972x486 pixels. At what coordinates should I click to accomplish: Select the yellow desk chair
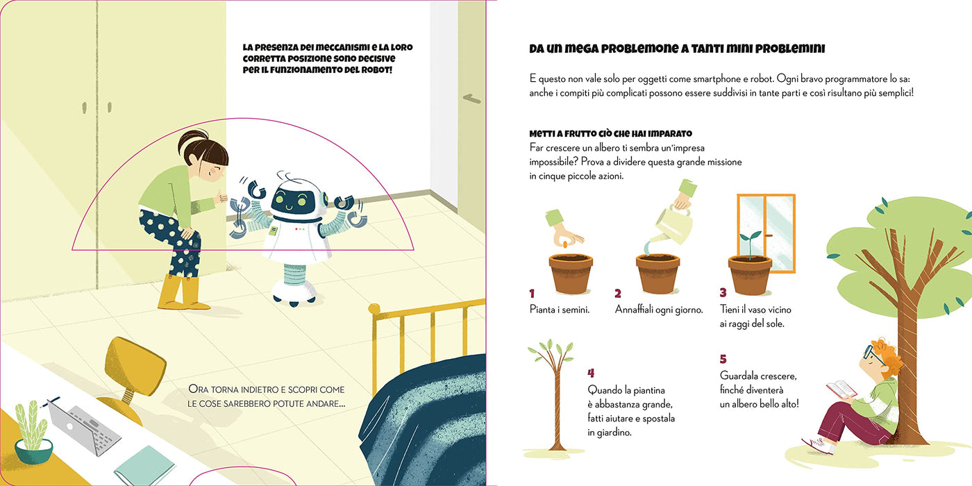pos(131,378)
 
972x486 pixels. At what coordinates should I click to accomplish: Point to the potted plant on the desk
pos(33,433)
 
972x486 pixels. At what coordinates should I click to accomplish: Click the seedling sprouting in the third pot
pos(750,244)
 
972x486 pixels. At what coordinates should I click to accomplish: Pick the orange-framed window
pos(766,233)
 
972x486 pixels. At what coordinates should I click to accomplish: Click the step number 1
pos(532,294)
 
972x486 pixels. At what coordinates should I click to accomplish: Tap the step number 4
pos(591,374)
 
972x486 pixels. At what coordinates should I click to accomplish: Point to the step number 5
pos(723,359)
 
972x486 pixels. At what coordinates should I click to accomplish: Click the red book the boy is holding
pos(841,389)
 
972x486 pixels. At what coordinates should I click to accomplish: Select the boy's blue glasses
pos(871,353)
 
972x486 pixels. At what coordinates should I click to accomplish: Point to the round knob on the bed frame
pos(374,309)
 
